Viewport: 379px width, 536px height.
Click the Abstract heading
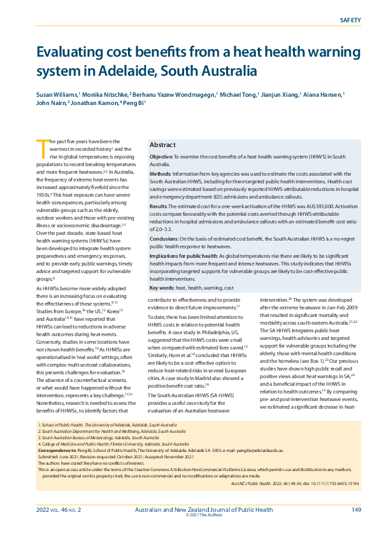pyautogui.click(x=162, y=145)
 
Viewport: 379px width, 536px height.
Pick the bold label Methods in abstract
pyautogui.click(x=159, y=174)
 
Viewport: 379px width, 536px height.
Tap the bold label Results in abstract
pyautogui.click(x=159, y=206)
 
